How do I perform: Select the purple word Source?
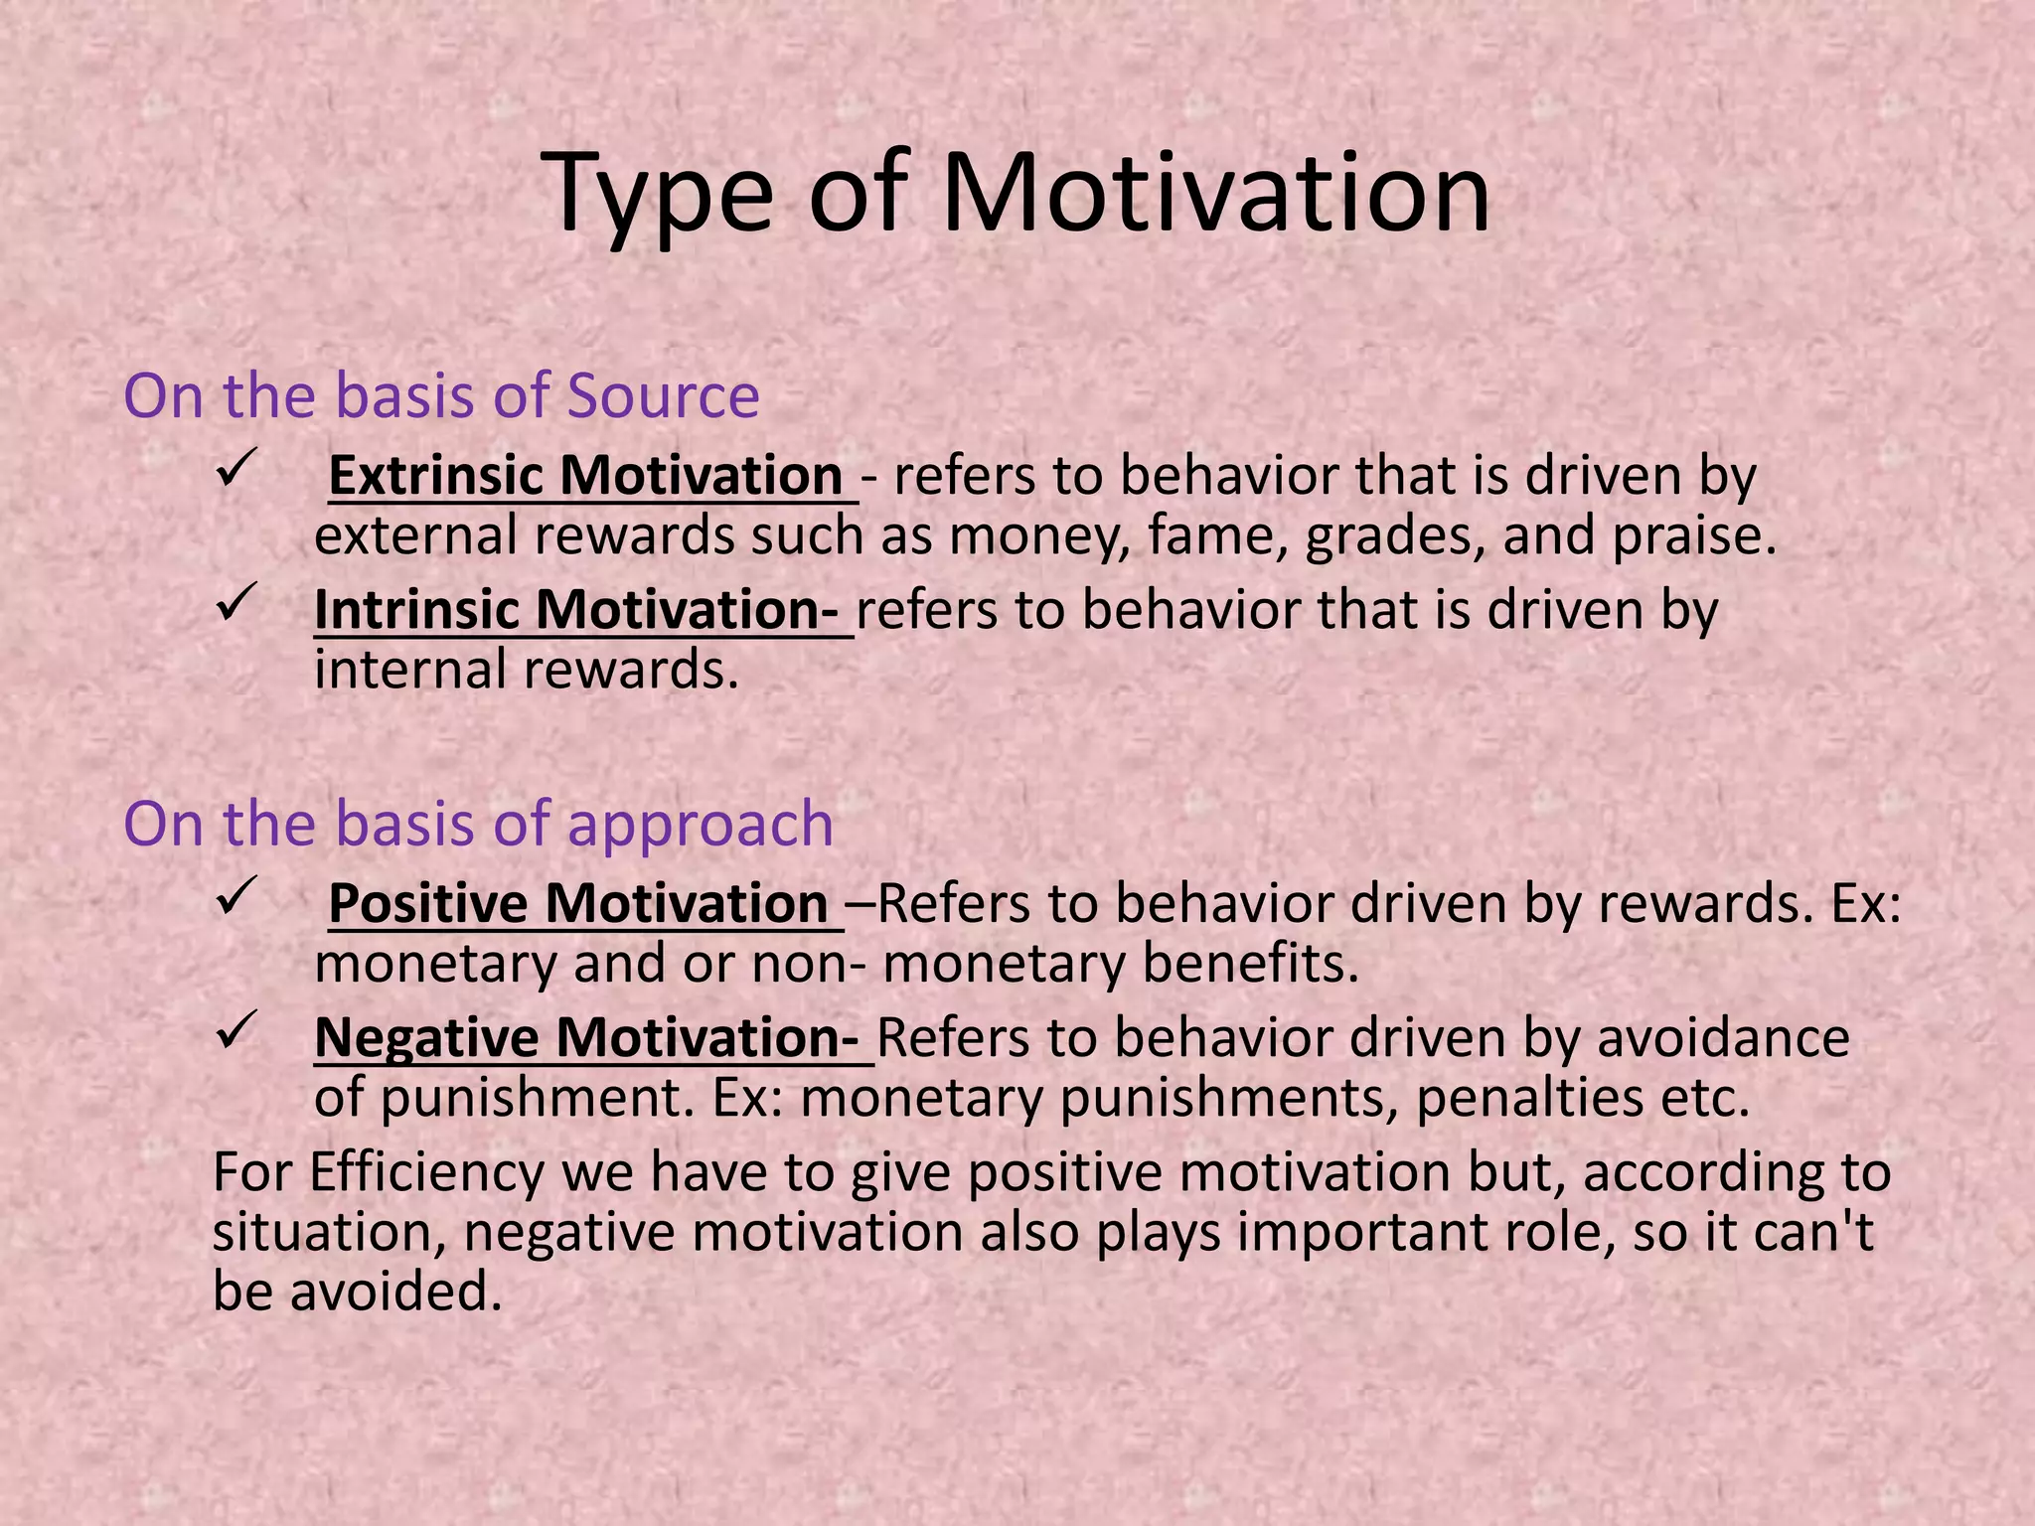tap(663, 395)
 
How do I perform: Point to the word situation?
tap(328, 1233)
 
